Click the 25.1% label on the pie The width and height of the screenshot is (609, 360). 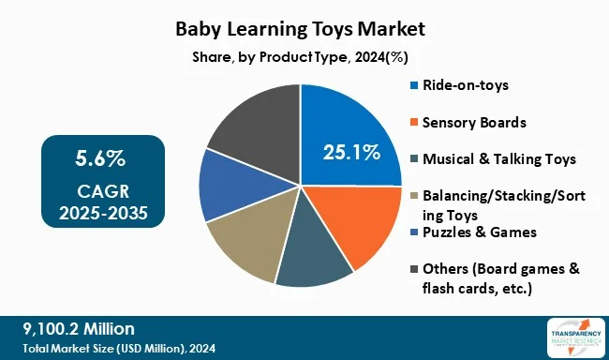(351, 151)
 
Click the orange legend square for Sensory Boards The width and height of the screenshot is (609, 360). (414, 123)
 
